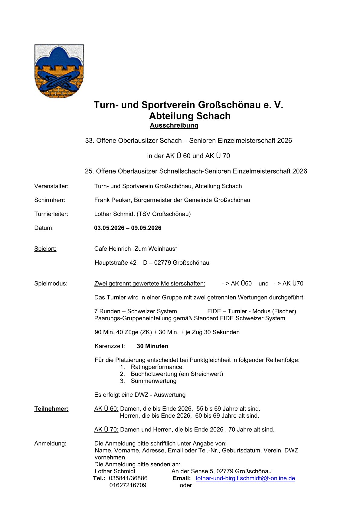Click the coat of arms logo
tap(59, 71)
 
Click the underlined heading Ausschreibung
tap(174, 126)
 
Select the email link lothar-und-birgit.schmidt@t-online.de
tap(245, 478)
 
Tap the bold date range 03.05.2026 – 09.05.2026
tap(128, 228)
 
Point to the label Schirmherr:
tap(50, 200)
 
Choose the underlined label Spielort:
tap(45, 249)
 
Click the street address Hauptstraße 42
tap(116, 263)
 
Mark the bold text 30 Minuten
tap(152, 346)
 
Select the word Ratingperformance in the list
tap(156, 367)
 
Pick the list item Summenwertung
tap(153, 381)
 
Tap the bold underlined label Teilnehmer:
tap(51, 409)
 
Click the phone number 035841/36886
tap(128, 478)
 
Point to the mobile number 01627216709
tap(128, 485)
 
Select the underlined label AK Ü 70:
tap(106, 429)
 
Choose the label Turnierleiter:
tap(51, 214)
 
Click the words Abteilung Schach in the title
tap(190, 116)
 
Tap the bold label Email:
tap(182, 478)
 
